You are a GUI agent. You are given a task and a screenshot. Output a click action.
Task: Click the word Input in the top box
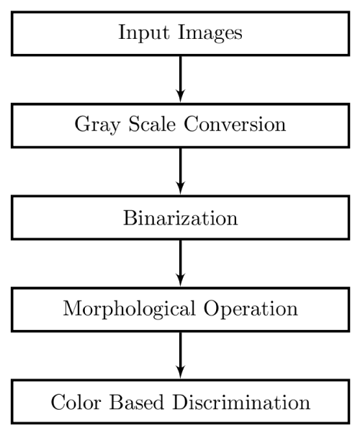(x=144, y=33)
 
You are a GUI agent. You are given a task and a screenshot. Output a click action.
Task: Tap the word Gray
(x=97, y=125)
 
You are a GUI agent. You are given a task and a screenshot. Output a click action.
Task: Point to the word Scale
(x=152, y=124)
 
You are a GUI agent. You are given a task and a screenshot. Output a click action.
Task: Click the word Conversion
(x=235, y=124)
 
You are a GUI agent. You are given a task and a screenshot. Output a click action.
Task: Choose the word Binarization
(x=180, y=217)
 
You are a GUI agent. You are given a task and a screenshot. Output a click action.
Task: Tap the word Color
(x=76, y=402)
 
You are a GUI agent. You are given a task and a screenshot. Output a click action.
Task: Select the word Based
(x=137, y=402)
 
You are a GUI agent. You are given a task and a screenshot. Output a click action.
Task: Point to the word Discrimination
(x=241, y=402)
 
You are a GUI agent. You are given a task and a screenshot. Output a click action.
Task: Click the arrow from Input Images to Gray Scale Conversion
(x=181, y=79)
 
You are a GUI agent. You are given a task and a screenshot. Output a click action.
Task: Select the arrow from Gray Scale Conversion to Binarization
(x=181, y=171)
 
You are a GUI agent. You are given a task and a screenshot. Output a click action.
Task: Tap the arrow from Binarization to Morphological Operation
(x=181, y=264)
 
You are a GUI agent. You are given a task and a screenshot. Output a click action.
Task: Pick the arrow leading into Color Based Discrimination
(x=181, y=355)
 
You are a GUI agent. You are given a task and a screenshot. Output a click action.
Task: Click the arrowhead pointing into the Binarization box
(x=181, y=189)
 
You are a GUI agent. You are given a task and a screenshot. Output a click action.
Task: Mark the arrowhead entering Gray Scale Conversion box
(x=181, y=97)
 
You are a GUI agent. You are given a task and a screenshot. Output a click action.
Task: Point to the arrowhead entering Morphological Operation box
(x=181, y=280)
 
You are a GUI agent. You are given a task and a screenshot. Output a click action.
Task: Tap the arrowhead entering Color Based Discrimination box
(x=181, y=372)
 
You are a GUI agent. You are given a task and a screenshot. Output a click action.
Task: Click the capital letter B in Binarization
(x=130, y=218)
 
